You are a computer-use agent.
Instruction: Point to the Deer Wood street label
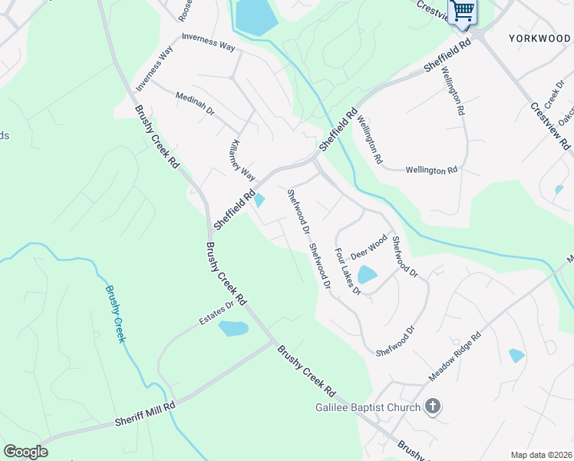pos(368,247)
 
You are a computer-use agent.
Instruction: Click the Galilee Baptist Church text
pos(368,407)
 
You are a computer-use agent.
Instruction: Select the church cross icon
pos(433,406)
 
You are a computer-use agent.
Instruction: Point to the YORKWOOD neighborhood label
pos(539,37)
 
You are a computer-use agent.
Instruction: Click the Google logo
pos(25,452)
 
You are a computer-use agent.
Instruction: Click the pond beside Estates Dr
pos(233,329)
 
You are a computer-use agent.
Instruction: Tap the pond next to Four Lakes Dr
pos(368,274)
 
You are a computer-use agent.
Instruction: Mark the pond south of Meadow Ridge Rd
pos(516,355)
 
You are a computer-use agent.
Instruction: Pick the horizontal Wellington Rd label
pos(431,170)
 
